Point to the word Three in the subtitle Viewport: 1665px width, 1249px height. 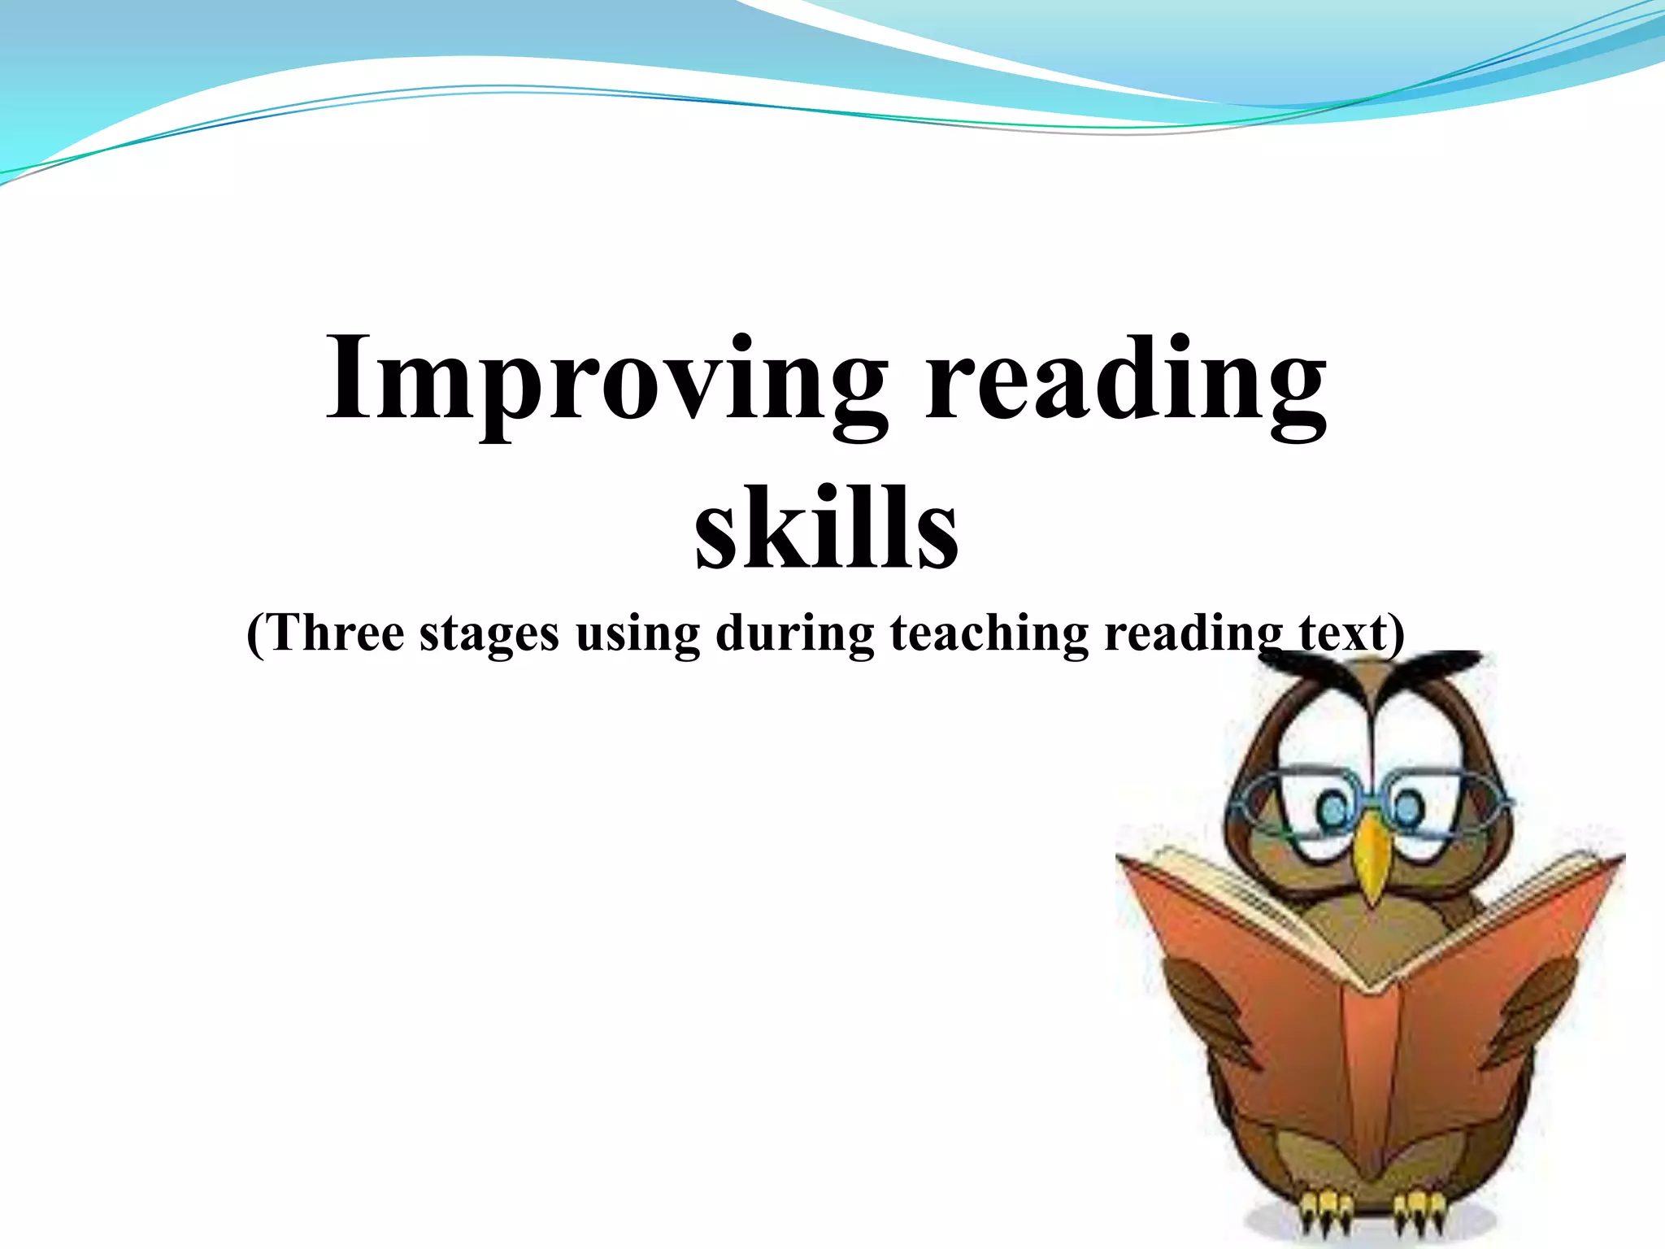tap(337, 633)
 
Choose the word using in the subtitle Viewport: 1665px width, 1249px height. tap(637, 635)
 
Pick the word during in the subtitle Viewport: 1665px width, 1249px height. tap(794, 633)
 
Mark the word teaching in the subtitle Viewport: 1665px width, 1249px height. tap(989, 635)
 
